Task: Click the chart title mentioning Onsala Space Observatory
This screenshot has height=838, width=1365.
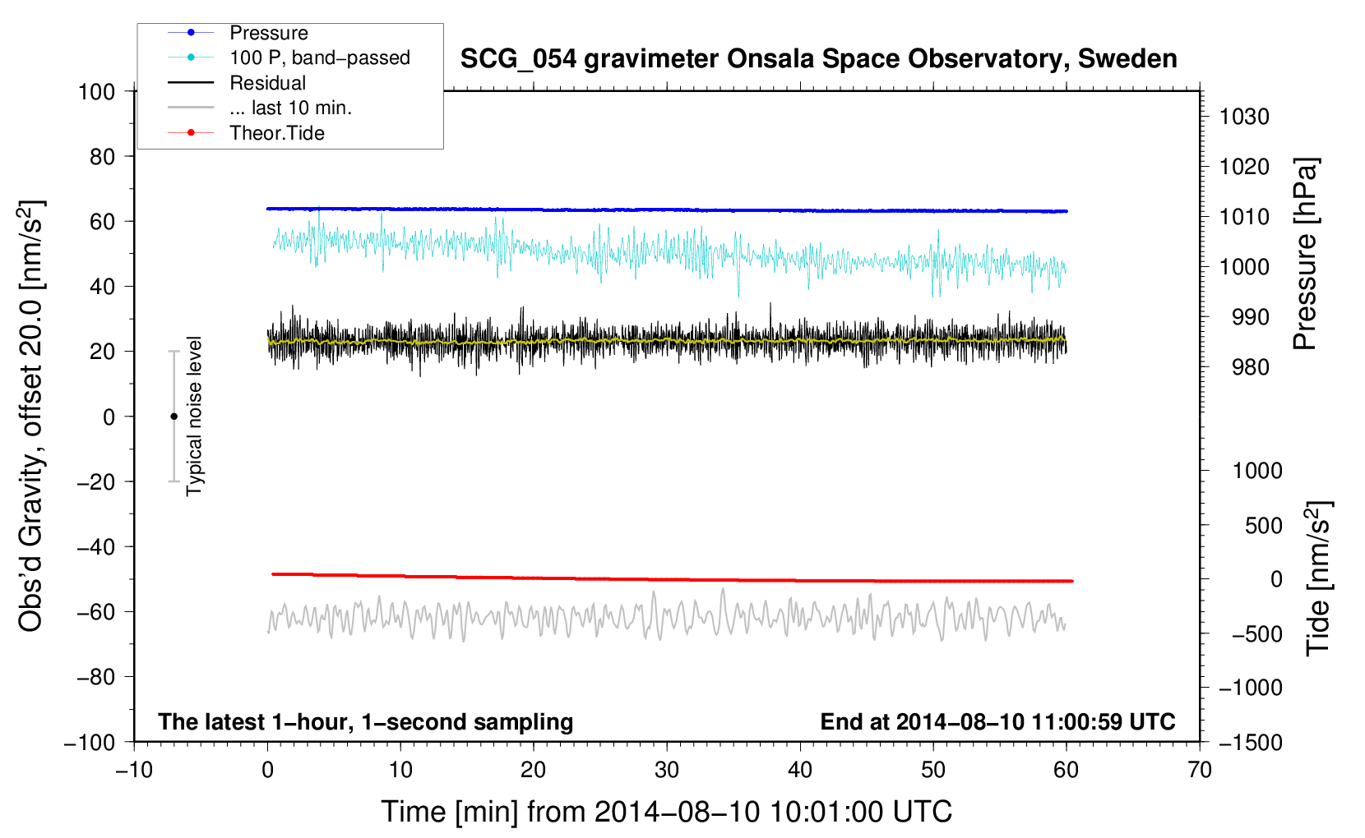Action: (818, 59)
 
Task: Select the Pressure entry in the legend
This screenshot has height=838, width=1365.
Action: (268, 33)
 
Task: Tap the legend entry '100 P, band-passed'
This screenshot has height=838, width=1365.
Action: (319, 58)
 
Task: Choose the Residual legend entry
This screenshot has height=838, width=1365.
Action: (267, 83)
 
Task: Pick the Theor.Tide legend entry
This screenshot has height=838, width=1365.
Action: (276, 133)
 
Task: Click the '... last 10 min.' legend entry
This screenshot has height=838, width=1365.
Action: (290, 108)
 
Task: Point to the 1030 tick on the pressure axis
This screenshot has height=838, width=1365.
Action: (1243, 117)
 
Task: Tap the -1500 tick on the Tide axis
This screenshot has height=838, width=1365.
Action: (1250, 743)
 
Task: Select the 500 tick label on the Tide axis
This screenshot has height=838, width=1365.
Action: (1263, 525)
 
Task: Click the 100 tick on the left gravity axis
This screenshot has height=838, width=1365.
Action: (96, 91)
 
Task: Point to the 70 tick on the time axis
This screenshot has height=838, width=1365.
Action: (1200, 770)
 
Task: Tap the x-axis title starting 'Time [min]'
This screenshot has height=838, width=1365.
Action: (666, 812)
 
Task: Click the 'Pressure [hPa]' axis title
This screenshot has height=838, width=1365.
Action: (1305, 254)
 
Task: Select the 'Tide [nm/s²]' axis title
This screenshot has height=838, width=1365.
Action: (1318, 578)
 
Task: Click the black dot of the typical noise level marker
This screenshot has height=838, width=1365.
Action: (174, 417)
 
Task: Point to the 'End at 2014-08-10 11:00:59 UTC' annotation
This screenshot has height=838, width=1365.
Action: (997, 721)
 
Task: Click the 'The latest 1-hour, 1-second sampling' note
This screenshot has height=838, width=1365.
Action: (365, 721)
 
